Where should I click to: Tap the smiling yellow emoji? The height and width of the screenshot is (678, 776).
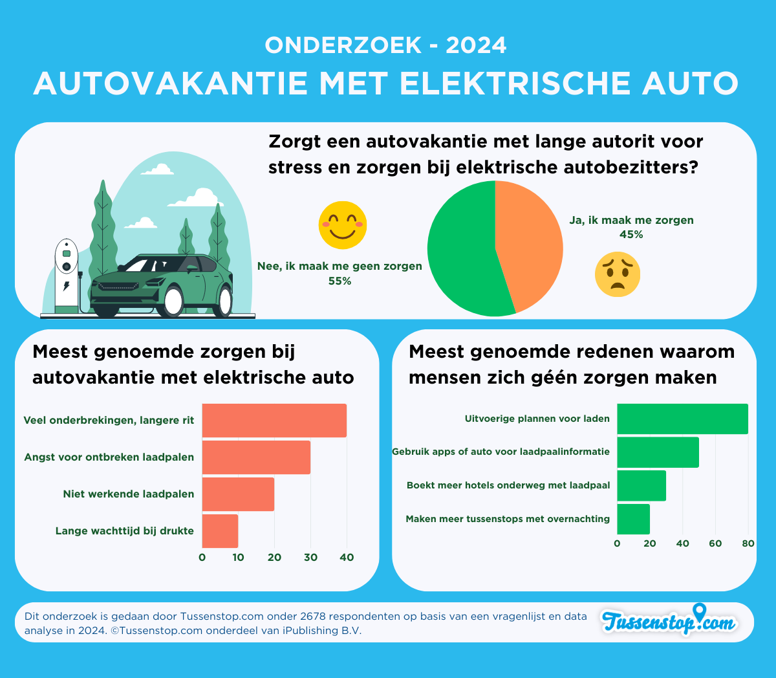coord(343,225)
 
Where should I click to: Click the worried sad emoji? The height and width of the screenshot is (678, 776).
coord(618,274)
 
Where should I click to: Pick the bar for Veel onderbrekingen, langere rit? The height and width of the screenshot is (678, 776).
coord(274,421)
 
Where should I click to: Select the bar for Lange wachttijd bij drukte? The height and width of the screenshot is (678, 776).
coord(220,530)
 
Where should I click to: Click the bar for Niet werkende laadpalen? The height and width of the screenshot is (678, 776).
coord(238,494)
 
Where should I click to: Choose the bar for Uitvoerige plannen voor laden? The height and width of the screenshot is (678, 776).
coord(682,419)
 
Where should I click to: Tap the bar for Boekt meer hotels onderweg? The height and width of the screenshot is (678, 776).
coord(641,485)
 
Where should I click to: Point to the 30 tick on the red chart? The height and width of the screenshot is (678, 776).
coord(310,558)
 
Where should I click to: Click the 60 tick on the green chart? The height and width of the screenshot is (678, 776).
coord(715,543)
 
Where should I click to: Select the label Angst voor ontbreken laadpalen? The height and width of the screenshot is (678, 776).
coord(109,457)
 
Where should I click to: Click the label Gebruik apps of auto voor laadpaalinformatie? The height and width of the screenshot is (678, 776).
coord(501,452)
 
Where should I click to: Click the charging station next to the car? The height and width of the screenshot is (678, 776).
coord(66,275)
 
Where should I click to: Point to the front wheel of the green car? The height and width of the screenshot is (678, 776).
coord(173,301)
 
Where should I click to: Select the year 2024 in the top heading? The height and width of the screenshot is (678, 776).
coord(477,45)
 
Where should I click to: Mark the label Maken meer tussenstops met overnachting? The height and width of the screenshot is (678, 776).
coord(508,519)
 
